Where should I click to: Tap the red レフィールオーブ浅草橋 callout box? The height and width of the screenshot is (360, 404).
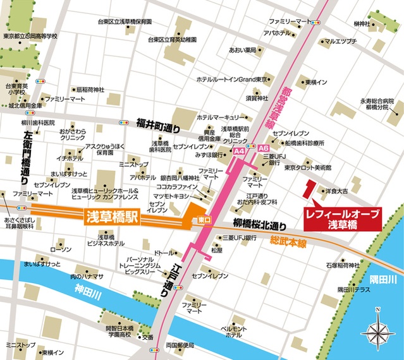(x=342, y=219)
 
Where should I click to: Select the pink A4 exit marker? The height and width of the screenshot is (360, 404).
(x=238, y=152)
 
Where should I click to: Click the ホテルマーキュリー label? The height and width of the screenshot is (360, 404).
(x=218, y=117)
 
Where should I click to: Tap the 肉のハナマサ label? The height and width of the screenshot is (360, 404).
(x=87, y=277)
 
